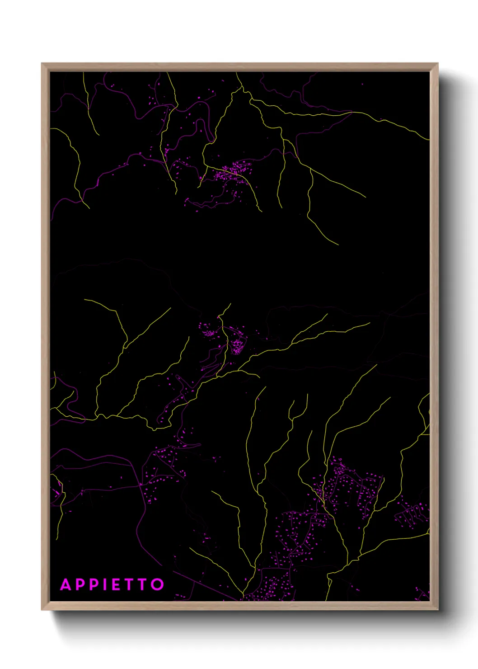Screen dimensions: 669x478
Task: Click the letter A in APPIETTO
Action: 66,584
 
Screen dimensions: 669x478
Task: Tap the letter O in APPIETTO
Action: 157,584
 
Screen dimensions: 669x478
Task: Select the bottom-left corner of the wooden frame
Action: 42,609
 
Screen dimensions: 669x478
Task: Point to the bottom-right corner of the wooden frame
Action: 437,609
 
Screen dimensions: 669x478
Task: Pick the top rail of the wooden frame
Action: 239,67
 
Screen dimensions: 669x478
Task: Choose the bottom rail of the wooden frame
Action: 239,606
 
